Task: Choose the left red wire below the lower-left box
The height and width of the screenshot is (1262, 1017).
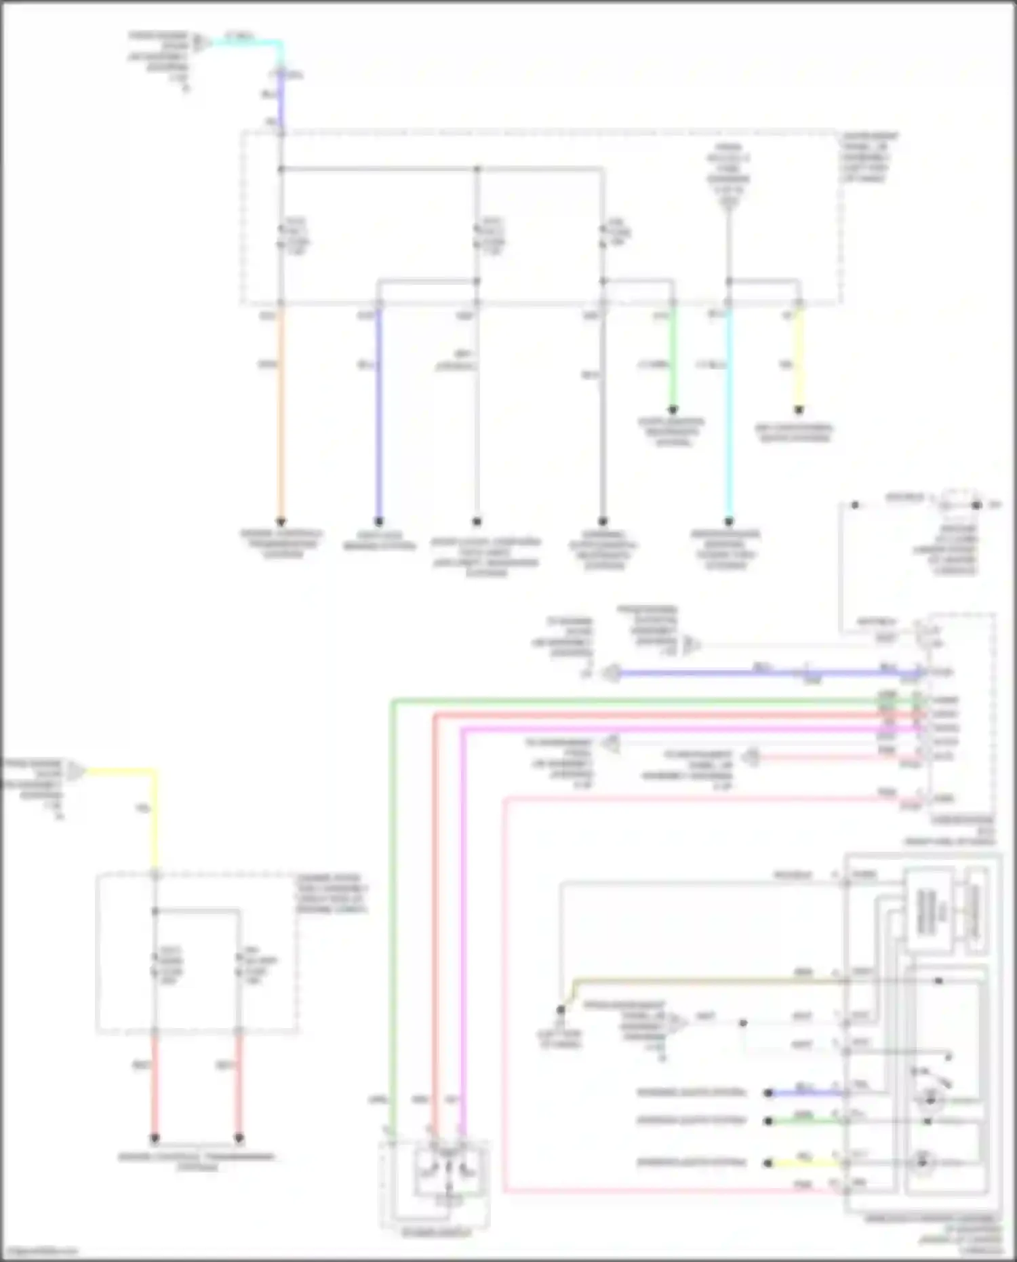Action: point(155,1085)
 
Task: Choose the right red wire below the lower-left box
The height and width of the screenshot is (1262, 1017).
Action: point(239,1085)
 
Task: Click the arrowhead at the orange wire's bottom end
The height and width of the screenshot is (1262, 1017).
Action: point(280,521)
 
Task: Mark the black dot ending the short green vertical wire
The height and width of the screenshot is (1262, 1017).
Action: point(673,410)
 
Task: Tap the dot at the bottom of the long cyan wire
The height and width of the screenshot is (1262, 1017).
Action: point(729,521)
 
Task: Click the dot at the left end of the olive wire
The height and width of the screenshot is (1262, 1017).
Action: point(561,1010)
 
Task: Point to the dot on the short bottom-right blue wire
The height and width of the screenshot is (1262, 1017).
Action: point(768,1093)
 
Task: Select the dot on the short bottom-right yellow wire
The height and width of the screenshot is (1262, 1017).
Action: point(768,1164)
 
